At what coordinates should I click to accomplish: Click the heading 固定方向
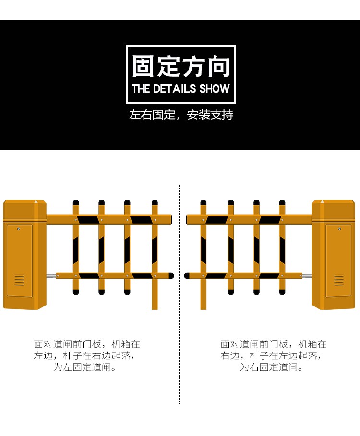pyautogui.click(x=181, y=66)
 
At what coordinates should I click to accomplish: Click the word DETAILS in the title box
pyautogui.click(x=174, y=89)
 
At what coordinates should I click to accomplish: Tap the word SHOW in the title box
pyautogui.click(x=215, y=89)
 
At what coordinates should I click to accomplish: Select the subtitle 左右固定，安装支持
pyautogui.click(x=181, y=115)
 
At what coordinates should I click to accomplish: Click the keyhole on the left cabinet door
pyautogui.click(x=19, y=229)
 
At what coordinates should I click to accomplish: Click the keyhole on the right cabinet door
pyautogui.click(x=339, y=229)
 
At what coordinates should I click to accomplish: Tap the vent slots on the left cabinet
pyautogui.click(x=19, y=280)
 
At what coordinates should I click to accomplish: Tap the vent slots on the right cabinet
pyautogui.click(x=339, y=280)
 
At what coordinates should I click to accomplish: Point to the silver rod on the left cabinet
pyautogui.click(x=51, y=276)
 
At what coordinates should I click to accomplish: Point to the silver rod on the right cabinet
pyautogui.click(x=307, y=276)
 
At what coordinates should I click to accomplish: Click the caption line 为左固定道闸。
pyautogui.click(x=84, y=367)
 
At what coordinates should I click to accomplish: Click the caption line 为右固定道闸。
pyautogui.click(x=271, y=367)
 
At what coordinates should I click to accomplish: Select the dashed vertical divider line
pyautogui.click(x=180, y=294)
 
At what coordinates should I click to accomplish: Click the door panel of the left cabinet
pyautogui.click(x=20, y=261)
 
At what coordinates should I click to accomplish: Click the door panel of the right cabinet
pyautogui.click(x=338, y=261)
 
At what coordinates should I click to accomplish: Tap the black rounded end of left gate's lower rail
pyautogui.click(x=171, y=276)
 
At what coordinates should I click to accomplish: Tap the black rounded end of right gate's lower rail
pyautogui.click(x=187, y=276)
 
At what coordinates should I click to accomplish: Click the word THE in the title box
pyautogui.click(x=141, y=89)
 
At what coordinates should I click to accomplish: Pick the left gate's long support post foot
pyautogui.click(x=155, y=306)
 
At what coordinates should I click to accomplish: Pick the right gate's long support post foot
pyautogui.click(x=204, y=306)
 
